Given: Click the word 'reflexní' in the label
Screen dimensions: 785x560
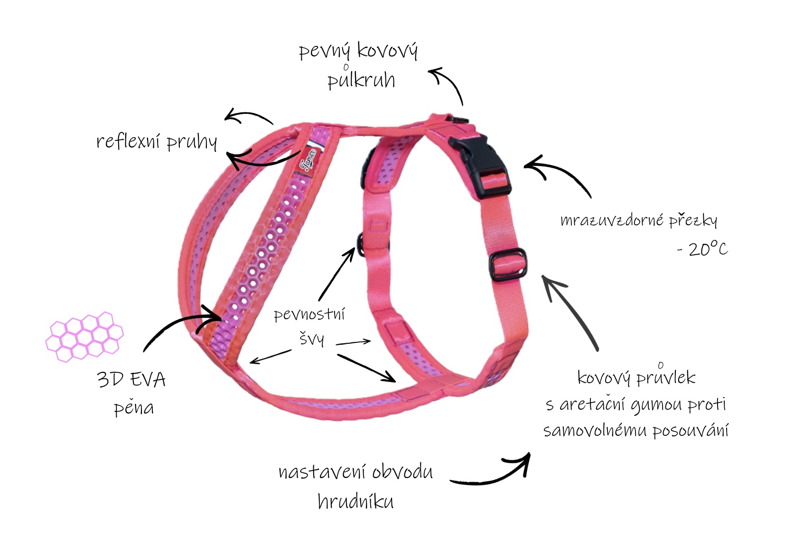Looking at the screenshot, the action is coord(128,141).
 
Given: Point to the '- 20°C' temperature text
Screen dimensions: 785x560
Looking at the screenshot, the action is coord(702,249).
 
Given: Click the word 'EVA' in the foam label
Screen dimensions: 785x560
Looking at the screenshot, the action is coord(148,380).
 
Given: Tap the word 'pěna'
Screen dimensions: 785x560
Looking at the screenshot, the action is coord(134,407).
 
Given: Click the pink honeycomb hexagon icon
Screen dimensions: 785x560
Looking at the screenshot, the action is coord(84,337).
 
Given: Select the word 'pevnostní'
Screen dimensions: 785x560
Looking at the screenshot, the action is coord(309,314).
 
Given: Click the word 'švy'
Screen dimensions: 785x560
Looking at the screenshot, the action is coord(311,338).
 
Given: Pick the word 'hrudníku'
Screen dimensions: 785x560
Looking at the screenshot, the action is coord(355,500).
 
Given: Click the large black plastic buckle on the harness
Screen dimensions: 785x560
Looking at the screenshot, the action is coord(480,165).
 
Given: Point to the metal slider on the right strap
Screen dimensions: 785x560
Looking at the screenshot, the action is coord(508,265).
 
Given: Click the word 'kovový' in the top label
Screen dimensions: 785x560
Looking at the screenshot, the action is coord(387,51).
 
